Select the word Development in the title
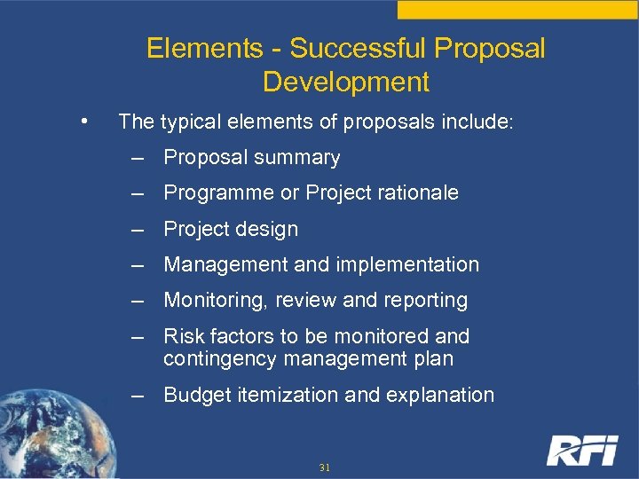pyautogui.click(x=346, y=82)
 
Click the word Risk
pyautogui.click(x=183, y=336)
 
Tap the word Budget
pyautogui.click(x=197, y=395)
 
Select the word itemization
pyautogui.click(x=280, y=395)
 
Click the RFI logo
pyautogui.click(x=581, y=450)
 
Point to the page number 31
pyautogui.click(x=324, y=467)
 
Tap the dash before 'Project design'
pyautogui.click(x=138, y=229)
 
